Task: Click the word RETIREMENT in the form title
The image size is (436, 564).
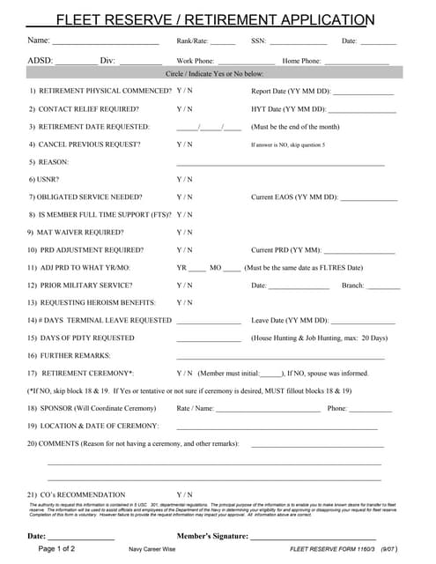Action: click(270, 20)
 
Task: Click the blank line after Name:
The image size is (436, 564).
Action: click(106, 42)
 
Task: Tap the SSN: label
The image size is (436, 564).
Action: click(258, 41)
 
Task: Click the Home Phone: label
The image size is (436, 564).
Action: click(301, 61)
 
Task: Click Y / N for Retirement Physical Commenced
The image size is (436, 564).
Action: click(184, 91)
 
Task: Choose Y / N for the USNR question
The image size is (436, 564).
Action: click(184, 179)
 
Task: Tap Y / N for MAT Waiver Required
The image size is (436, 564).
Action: click(184, 232)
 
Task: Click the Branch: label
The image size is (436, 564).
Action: click(353, 285)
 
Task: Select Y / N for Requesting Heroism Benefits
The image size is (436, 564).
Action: click(184, 302)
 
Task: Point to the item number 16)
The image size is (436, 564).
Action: click(32, 355)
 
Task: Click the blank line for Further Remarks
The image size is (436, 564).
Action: click(280, 358)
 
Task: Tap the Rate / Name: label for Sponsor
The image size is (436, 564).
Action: click(195, 408)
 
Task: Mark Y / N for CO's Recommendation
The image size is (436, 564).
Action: click(184, 494)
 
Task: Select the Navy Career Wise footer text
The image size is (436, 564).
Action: click(152, 549)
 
